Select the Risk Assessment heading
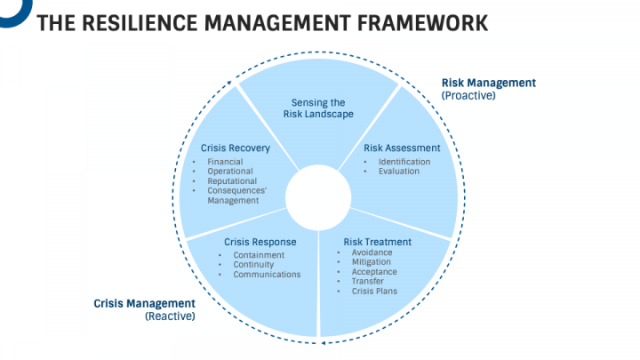pyautogui.click(x=402, y=148)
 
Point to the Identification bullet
pyautogui.click(x=404, y=162)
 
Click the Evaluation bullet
pyautogui.click(x=398, y=172)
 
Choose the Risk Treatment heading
pyautogui.click(x=377, y=242)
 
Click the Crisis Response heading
pyautogui.click(x=260, y=242)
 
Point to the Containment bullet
pyautogui.click(x=259, y=255)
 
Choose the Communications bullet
pyautogui.click(x=267, y=275)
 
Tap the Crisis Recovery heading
pyautogui.click(x=230, y=148)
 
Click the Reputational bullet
pyautogui.click(x=232, y=181)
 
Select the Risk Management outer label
pyautogui.click(x=489, y=83)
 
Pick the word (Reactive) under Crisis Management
pyautogui.click(x=170, y=316)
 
